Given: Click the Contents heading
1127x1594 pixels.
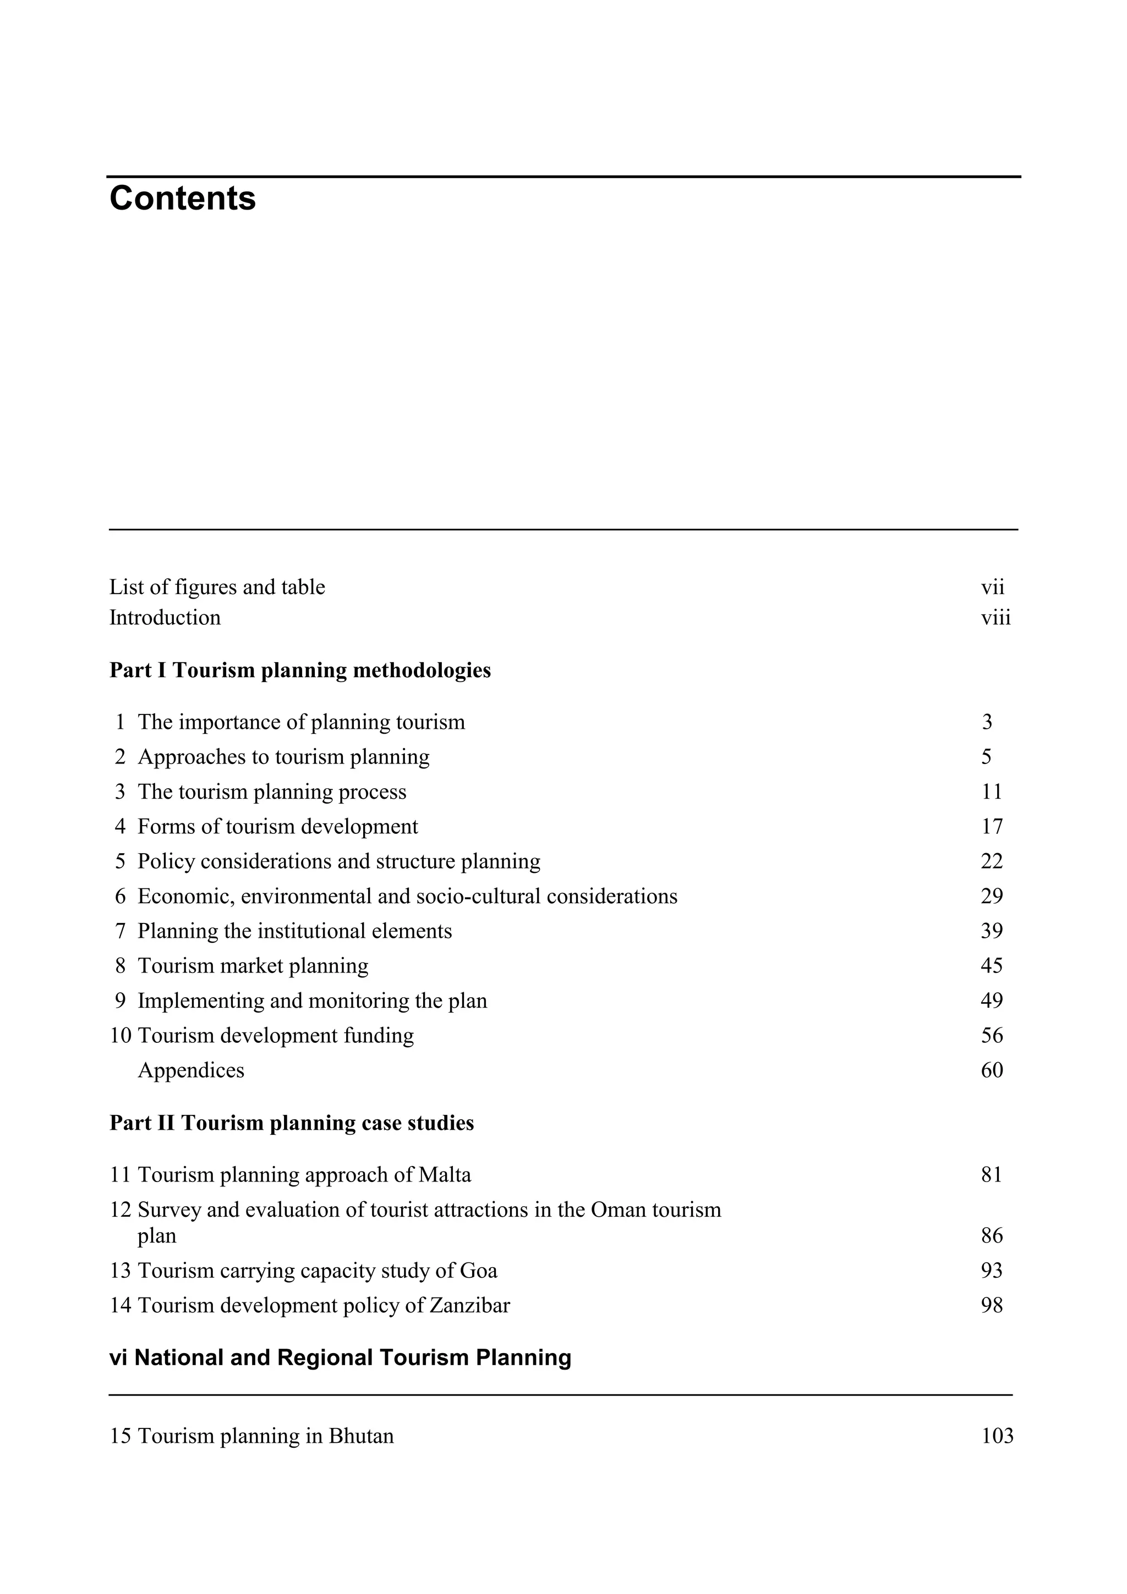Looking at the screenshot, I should [183, 199].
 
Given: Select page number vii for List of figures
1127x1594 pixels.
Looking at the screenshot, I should [992, 587].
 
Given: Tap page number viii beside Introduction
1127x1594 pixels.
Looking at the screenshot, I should [996, 617].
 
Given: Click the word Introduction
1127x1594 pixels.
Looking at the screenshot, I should [165, 617].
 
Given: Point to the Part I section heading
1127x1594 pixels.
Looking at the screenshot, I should [300, 670].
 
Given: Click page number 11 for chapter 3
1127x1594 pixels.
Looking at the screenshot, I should [992, 791].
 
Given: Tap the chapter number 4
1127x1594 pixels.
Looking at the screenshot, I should [120, 826].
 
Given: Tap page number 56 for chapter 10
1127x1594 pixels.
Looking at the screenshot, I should [992, 1035].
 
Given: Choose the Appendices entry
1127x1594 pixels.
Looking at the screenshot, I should [191, 1070].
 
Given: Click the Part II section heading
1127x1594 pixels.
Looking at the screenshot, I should [292, 1123].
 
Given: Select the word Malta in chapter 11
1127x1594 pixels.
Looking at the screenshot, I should [445, 1175].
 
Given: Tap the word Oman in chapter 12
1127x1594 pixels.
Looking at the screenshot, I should [616, 1210].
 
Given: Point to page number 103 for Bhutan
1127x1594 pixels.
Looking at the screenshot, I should [997, 1436].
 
